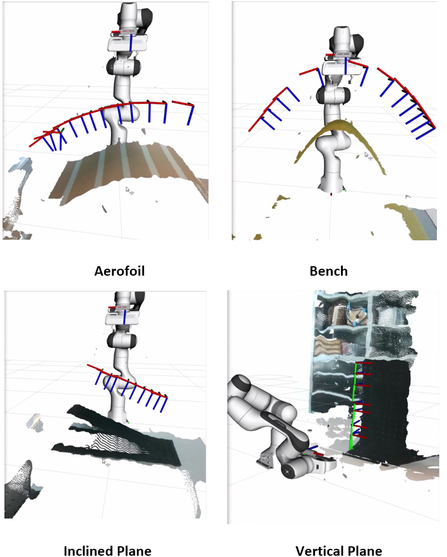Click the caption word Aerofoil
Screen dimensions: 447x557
pyautogui.click(x=119, y=271)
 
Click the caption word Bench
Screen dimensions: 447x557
pyautogui.click(x=328, y=271)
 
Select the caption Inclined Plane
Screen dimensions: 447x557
pyautogui.click(x=107, y=551)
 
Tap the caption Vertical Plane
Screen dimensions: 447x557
pyautogui.click(x=339, y=551)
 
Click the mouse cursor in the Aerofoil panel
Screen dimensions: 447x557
pyautogui.click(x=128, y=190)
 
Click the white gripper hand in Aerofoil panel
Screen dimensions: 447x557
pyautogui.click(x=128, y=42)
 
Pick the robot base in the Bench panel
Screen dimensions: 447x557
pyautogui.click(x=331, y=184)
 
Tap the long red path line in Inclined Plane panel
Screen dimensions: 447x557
pyautogui.click(x=128, y=381)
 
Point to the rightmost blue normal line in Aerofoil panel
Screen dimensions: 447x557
pyautogui.click(x=191, y=115)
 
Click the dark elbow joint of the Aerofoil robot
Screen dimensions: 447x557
pyautogui.click(x=123, y=66)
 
